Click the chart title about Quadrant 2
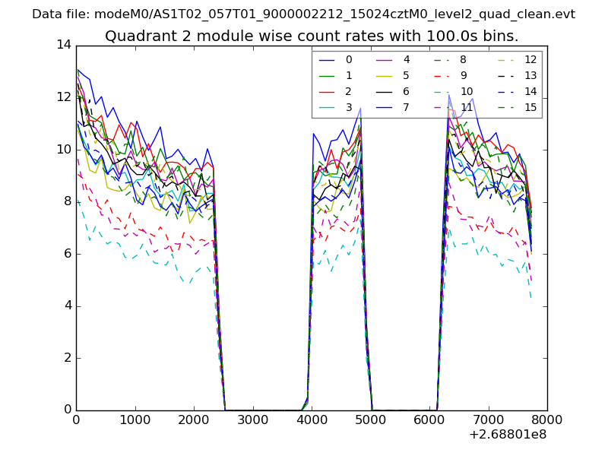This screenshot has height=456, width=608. click(x=312, y=36)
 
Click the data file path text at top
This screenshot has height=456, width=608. click(x=303, y=14)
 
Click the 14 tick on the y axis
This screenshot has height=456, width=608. click(x=64, y=46)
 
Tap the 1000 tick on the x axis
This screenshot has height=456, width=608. click(x=135, y=420)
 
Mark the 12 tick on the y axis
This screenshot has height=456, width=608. click(x=64, y=97)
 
